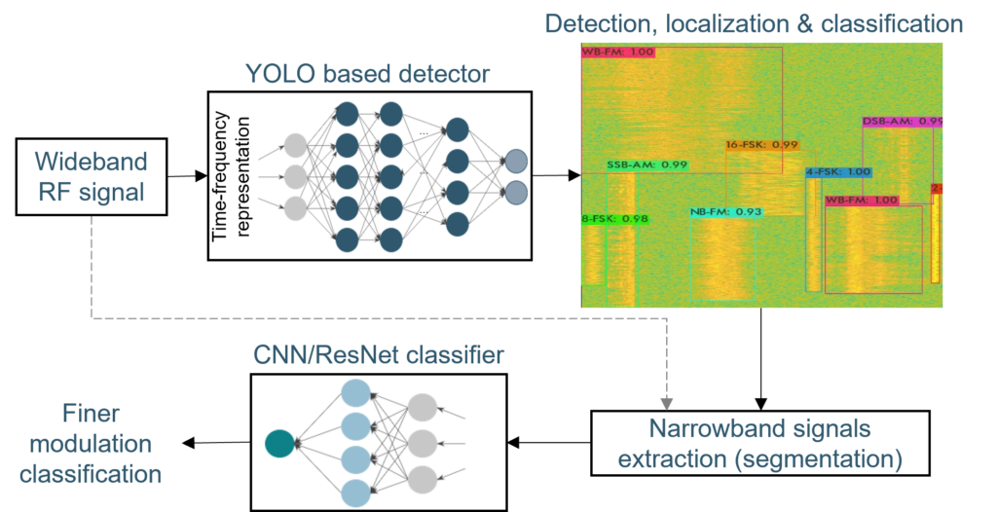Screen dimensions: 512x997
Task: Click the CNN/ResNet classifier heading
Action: [x=379, y=355]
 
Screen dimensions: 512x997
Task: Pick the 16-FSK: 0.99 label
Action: [x=761, y=144]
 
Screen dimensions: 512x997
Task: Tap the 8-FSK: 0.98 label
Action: [x=614, y=218]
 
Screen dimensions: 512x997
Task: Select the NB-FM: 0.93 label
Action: [x=725, y=211]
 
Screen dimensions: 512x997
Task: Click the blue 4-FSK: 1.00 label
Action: [x=837, y=172]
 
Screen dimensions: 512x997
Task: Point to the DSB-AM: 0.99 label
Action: [x=903, y=122]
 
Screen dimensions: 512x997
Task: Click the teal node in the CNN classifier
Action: [x=279, y=445]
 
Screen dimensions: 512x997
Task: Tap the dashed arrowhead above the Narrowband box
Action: [x=666, y=401]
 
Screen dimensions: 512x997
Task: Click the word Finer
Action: [x=89, y=412]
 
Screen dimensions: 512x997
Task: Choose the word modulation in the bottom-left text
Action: [x=90, y=444]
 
